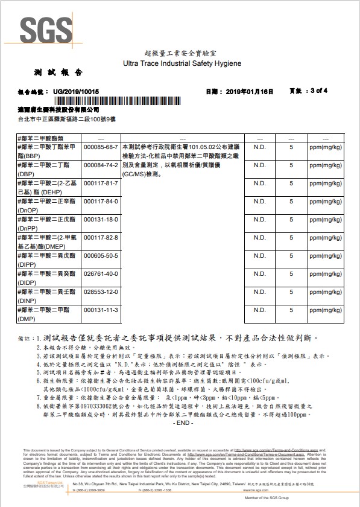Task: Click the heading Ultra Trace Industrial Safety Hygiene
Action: [x=182, y=63]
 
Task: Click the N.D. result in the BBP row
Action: [x=259, y=147]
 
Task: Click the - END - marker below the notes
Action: [x=181, y=422]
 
